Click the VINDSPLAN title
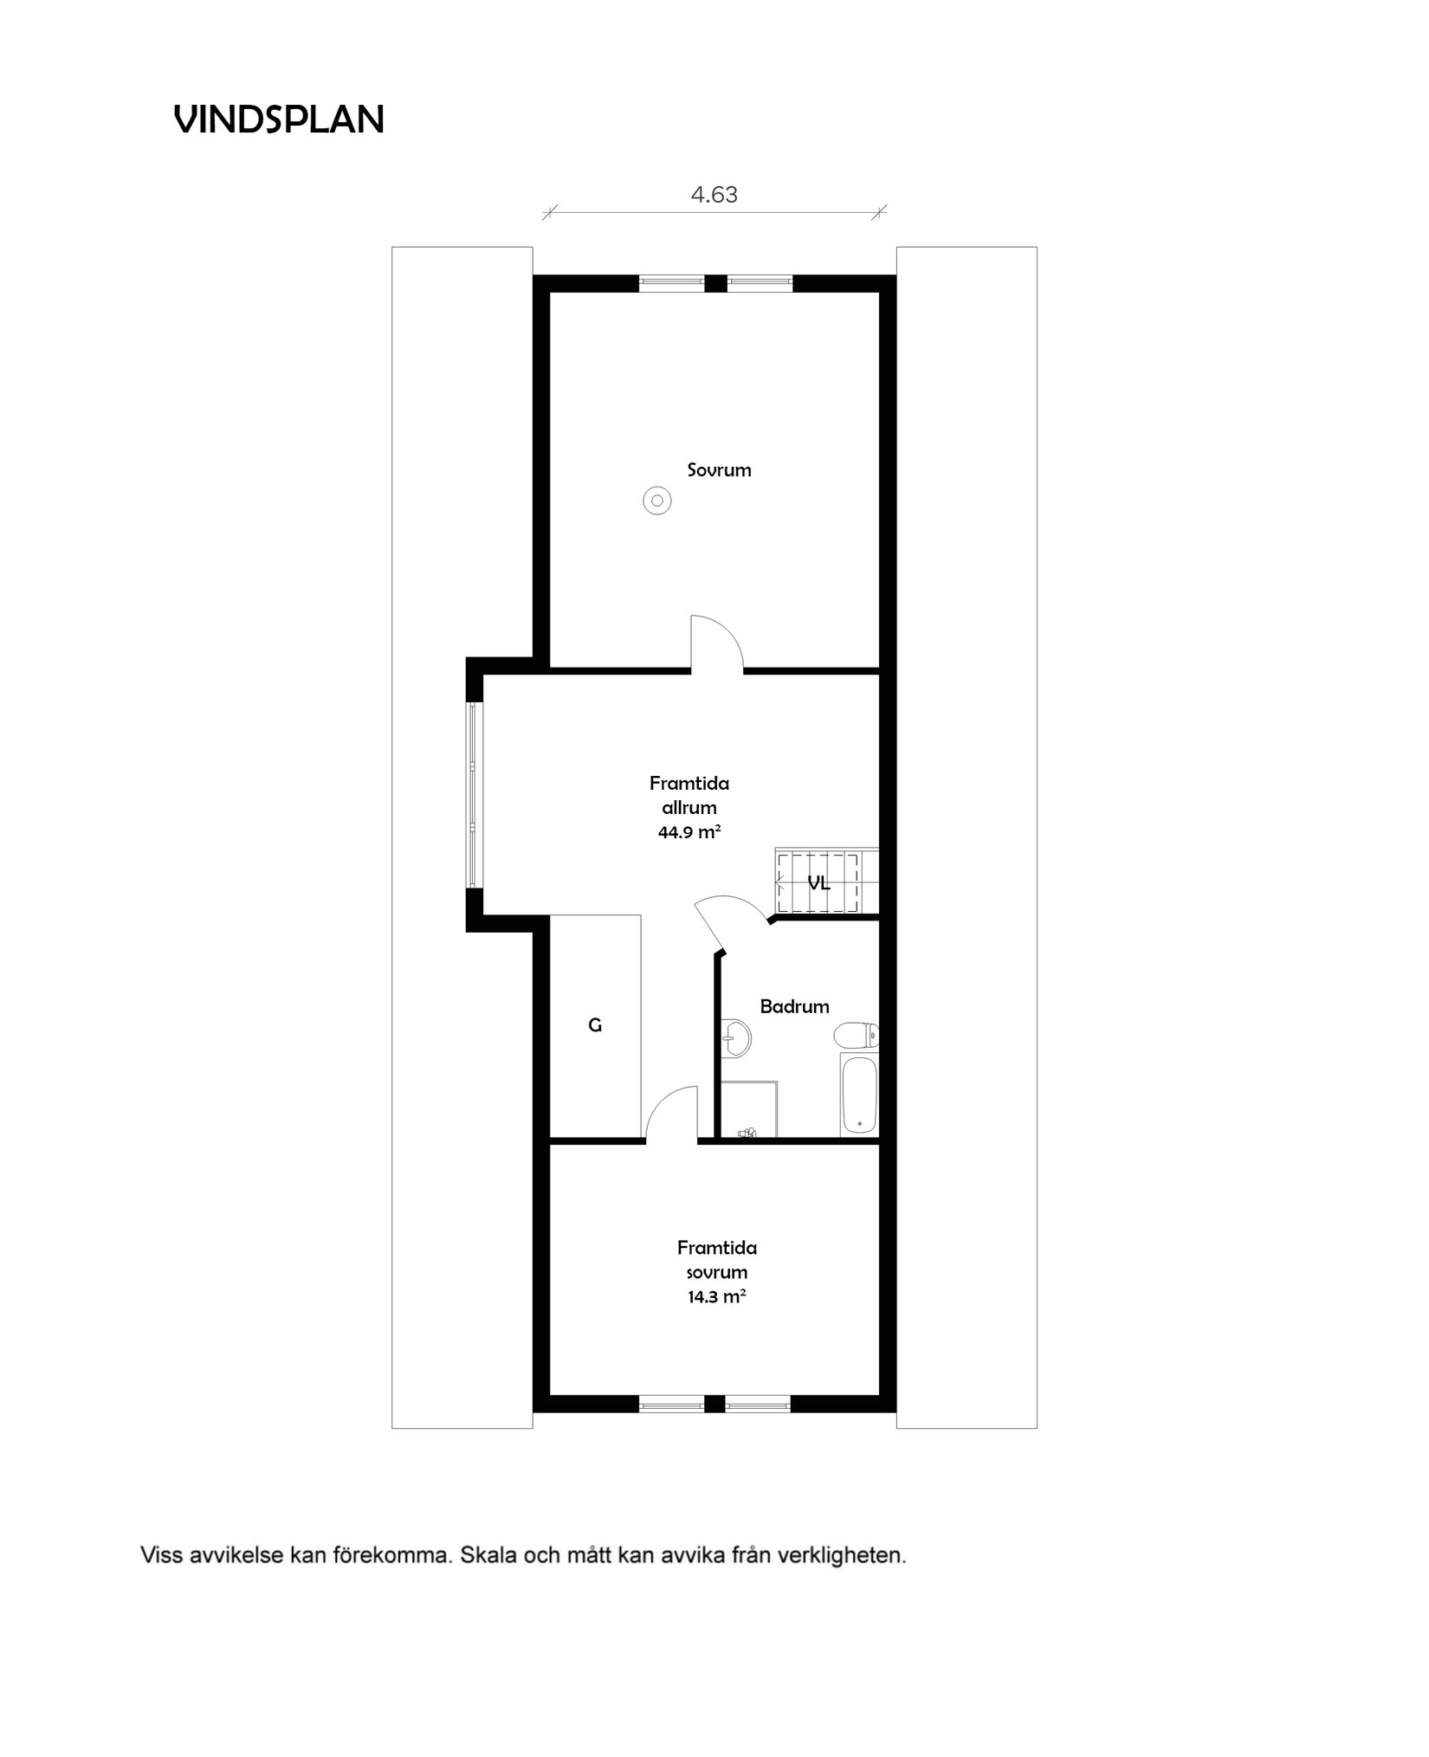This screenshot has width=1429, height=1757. tap(279, 120)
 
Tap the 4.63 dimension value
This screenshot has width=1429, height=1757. tap(714, 195)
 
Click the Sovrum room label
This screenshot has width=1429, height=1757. tap(719, 470)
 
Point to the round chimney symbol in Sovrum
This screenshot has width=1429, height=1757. tap(657, 501)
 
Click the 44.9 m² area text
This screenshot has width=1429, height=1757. tap(689, 833)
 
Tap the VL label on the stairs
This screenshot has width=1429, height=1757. tap(818, 884)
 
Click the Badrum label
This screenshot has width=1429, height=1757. tap(794, 1006)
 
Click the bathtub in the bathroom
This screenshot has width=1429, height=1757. tap(858, 1095)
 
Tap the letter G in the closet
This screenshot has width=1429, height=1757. tap(595, 1025)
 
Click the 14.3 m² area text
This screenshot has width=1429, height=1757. tap(716, 1297)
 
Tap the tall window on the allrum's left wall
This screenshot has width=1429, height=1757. tap(473, 795)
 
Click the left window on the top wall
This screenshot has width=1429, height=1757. tap(672, 282)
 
